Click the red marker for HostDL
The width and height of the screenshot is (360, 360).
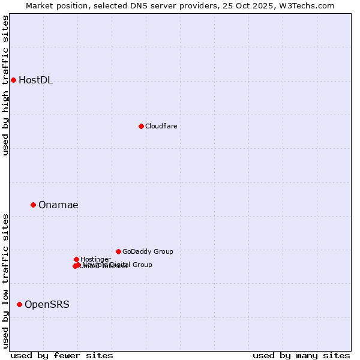(x=13, y=80)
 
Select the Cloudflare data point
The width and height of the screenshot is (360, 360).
(x=141, y=126)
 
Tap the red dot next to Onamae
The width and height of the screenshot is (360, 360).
(x=33, y=205)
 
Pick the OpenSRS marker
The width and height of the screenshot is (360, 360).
(x=19, y=304)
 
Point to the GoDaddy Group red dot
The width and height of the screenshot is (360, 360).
(x=118, y=251)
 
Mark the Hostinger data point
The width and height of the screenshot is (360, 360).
(x=76, y=259)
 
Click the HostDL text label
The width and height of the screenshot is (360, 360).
(x=35, y=80)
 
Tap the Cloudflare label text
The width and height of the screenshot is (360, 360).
(x=161, y=126)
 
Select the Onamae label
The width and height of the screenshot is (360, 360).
(x=58, y=205)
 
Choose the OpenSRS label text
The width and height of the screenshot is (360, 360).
(x=47, y=305)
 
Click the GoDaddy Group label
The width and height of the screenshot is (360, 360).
(x=148, y=252)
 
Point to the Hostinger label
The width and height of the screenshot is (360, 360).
(x=95, y=259)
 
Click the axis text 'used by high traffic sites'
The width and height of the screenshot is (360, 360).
(x=6, y=85)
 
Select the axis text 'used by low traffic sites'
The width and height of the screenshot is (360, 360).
(x=6, y=281)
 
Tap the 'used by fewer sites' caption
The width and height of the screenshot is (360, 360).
(x=62, y=355)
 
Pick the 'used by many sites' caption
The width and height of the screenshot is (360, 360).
(x=301, y=355)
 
